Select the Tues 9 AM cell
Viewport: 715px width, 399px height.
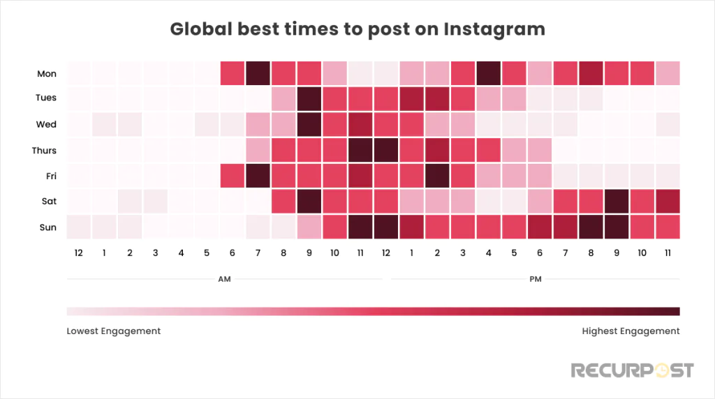point(309,98)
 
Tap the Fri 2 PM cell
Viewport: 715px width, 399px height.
point(437,175)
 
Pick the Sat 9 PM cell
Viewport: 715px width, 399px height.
point(617,201)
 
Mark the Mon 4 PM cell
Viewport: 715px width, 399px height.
point(488,73)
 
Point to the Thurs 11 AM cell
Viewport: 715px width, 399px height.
point(360,150)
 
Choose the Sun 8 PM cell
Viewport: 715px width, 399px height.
point(591,227)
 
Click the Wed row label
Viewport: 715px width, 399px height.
point(47,125)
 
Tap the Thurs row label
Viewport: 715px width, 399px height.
point(45,151)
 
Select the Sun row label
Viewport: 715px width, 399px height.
point(47,227)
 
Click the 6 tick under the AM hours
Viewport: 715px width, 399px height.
point(232,252)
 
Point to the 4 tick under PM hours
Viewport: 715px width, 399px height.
point(489,252)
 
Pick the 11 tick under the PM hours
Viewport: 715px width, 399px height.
point(668,252)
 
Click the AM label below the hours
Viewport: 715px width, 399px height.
point(225,280)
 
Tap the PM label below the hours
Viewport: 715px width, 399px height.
point(536,280)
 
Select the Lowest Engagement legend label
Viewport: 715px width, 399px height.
point(114,331)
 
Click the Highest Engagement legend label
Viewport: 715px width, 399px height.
point(631,331)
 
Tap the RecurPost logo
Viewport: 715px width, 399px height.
point(633,369)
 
